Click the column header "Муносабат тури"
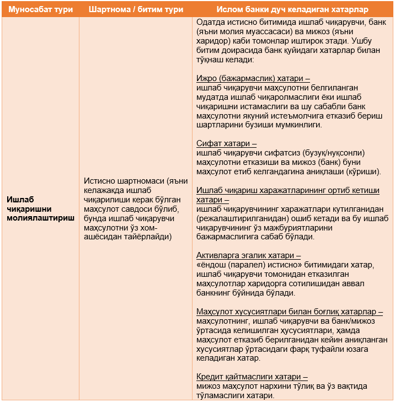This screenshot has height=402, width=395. click(x=40, y=10)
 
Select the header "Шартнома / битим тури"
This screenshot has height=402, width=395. click(x=135, y=10)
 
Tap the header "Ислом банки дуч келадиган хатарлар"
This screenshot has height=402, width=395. click(x=293, y=10)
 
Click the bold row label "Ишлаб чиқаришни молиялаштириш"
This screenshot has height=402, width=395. click(x=40, y=208)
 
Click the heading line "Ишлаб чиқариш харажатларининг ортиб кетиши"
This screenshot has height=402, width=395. click(x=288, y=190)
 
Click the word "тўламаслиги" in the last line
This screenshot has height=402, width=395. click(x=218, y=396)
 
